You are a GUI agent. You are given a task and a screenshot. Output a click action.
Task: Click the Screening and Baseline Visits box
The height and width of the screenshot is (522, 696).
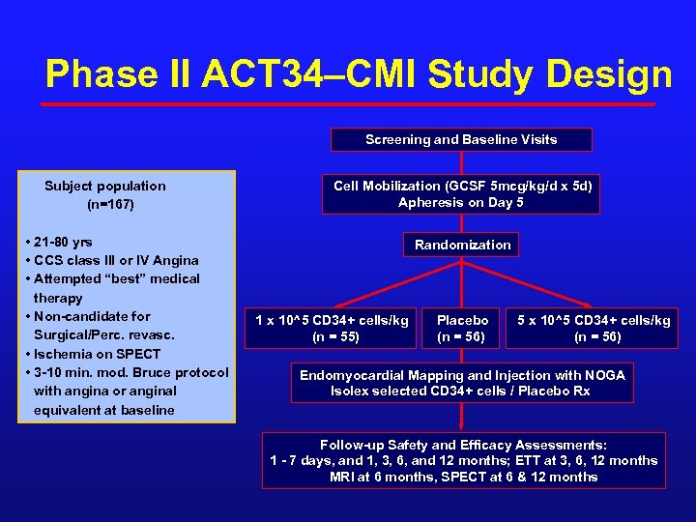pos(461,140)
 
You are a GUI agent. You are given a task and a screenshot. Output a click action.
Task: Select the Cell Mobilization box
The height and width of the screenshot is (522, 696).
pos(462,194)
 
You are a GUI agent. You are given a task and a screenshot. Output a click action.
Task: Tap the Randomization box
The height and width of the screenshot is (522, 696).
pos(462,245)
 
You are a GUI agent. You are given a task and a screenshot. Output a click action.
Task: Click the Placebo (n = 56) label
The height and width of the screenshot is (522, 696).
pos(462,328)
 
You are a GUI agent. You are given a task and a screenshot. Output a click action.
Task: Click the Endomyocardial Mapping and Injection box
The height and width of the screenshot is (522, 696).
pos(462,383)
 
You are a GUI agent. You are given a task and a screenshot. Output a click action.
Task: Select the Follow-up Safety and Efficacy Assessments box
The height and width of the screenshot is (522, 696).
pos(463,460)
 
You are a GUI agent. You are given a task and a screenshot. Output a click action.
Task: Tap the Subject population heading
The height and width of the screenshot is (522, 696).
pos(104,186)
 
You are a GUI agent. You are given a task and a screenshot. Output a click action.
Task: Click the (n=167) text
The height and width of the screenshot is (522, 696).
pos(110,205)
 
